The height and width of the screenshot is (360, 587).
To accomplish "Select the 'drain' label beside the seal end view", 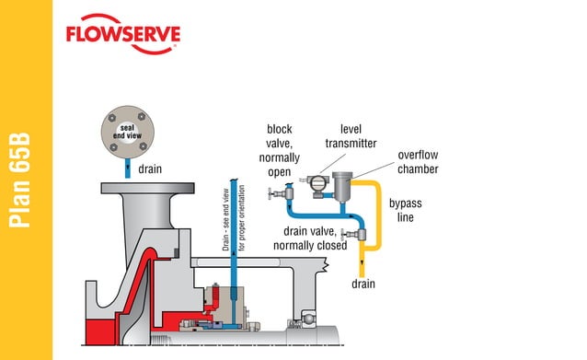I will pos(150,169).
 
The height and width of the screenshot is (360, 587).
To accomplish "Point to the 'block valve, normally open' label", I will pos(279,150).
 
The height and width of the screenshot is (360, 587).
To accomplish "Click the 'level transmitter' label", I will pos(345,136).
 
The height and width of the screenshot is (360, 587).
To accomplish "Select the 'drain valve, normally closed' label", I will pos(314,238).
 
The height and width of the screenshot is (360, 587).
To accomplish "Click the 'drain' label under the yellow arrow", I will pos(363,285).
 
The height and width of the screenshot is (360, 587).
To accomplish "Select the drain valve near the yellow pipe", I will pos(347,235).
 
